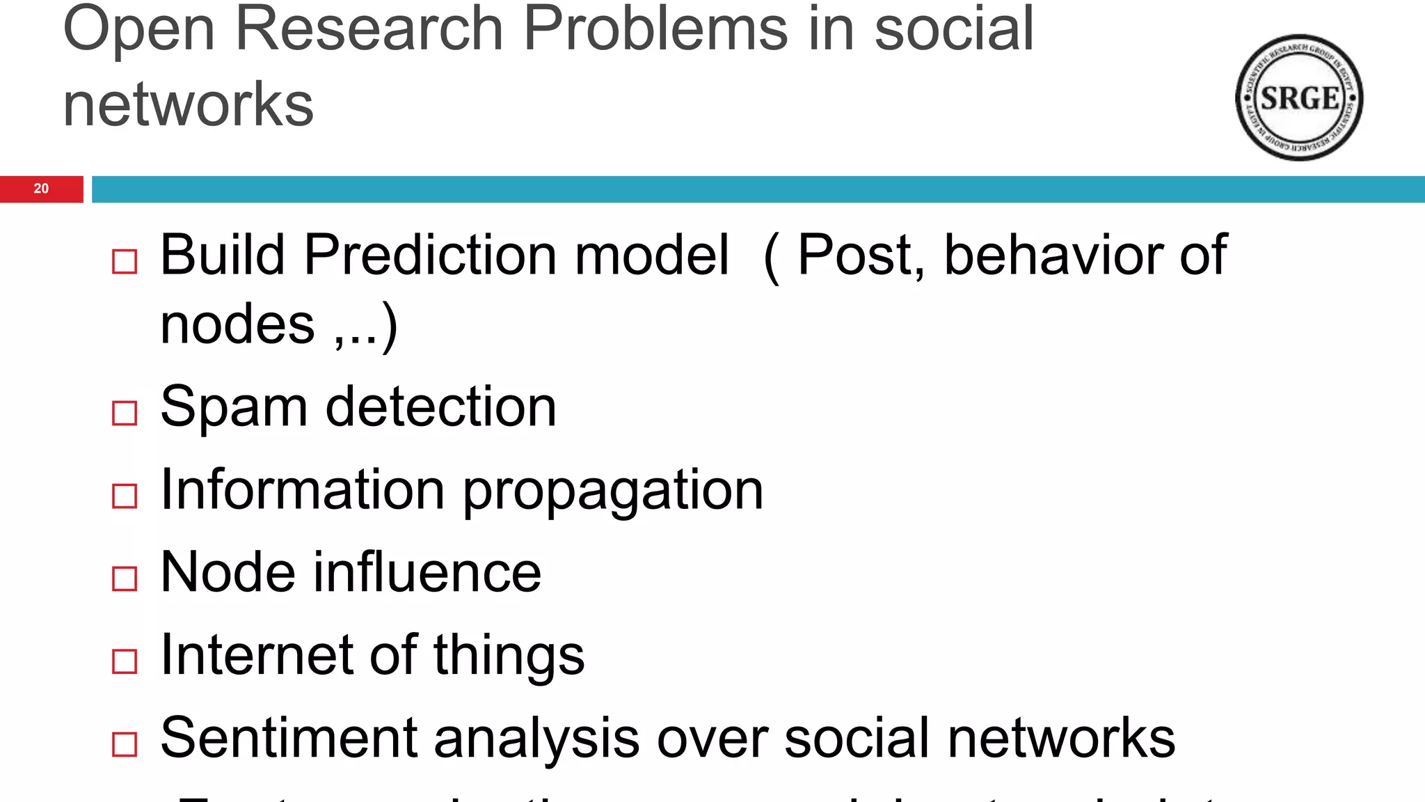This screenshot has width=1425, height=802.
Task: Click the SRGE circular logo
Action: click(1299, 97)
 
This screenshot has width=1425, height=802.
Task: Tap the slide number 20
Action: click(41, 189)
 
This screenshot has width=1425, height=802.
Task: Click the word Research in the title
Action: click(369, 29)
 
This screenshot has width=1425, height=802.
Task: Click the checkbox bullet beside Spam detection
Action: click(125, 413)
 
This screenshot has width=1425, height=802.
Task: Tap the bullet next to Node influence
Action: click(125, 578)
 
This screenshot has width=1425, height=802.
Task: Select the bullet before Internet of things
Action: click(125, 661)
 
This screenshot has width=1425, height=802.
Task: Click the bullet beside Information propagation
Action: click(125, 496)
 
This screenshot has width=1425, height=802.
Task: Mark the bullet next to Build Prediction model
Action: click(125, 262)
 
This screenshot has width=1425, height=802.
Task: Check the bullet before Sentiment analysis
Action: click(125, 744)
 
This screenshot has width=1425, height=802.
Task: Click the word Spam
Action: click(234, 407)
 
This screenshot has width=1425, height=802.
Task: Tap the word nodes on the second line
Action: click(237, 325)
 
